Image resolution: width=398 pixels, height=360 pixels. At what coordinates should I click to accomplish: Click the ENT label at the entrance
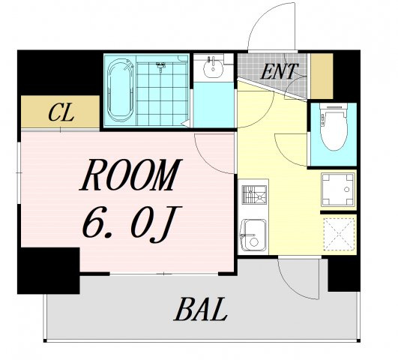coord(279,71)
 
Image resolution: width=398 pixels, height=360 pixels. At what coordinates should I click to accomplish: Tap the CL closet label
coord(61,112)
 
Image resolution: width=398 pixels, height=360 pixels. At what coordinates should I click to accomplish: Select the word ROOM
coord(130,175)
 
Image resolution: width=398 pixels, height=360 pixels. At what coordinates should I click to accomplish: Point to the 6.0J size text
coord(132,223)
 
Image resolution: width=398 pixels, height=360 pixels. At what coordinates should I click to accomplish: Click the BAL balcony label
coord(200,310)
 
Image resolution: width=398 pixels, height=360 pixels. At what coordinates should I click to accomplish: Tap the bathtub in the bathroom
coord(121,91)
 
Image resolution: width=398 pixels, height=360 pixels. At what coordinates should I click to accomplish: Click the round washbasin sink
coord(214,67)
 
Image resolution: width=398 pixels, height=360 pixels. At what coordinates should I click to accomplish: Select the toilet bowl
coord(334,127)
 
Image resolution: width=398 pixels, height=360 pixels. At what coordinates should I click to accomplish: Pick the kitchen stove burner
coord(254,194)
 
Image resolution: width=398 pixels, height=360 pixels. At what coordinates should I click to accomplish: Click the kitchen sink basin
coord(253,235)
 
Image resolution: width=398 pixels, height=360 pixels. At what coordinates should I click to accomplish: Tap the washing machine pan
coord(337,190)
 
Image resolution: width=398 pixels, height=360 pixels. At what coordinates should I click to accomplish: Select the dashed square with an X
coord(339,234)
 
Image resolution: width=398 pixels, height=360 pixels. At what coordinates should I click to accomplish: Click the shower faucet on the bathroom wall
coord(160,65)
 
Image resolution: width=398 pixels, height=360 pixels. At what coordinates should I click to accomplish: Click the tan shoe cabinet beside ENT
coord(322,76)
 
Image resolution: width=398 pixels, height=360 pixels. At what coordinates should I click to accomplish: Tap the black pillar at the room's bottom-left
coord(49,271)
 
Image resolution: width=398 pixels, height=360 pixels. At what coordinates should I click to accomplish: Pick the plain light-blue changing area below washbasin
coord(214,105)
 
